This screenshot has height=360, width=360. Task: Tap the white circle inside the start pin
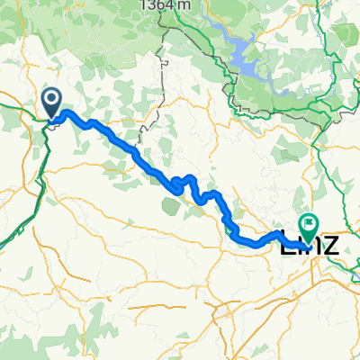pos(51,98)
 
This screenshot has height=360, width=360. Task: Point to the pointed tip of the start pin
pos(51,115)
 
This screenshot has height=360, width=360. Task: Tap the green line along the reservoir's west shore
pos(226,72)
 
